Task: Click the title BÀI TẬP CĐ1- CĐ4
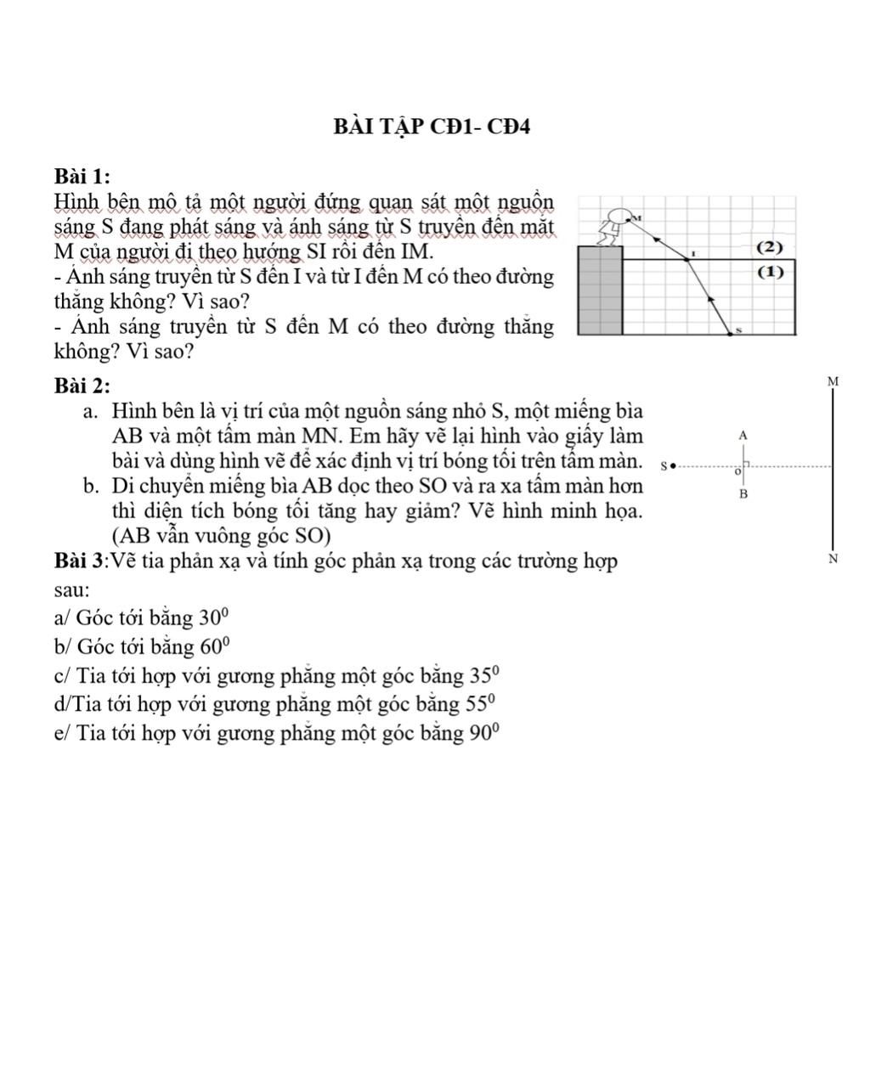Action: (432, 127)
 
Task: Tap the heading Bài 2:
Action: (82, 386)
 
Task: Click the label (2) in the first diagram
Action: (768, 247)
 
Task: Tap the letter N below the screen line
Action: (832, 559)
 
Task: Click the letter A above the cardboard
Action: (743, 434)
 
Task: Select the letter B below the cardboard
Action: (743, 494)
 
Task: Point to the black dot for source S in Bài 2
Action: (673, 465)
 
